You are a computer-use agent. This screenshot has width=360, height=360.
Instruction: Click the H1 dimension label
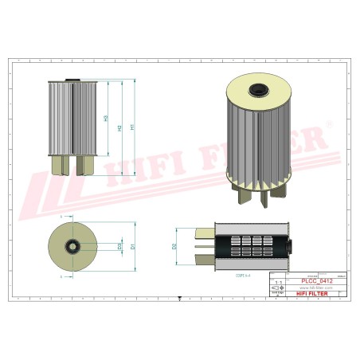click(x=131, y=126)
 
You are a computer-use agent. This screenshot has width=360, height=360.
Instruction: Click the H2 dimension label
click(x=119, y=127)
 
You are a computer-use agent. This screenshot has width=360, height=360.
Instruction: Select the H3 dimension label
click(x=107, y=119)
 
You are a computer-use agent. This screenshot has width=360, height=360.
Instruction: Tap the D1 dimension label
click(x=133, y=246)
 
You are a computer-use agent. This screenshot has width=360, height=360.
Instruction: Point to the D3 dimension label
click(x=119, y=246)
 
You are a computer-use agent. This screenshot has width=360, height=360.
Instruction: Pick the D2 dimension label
click(x=174, y=246)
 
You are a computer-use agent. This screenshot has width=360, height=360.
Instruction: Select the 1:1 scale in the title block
click(x=276, y=282)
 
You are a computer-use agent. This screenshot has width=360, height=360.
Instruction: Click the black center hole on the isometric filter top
click(x=260, y=91)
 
